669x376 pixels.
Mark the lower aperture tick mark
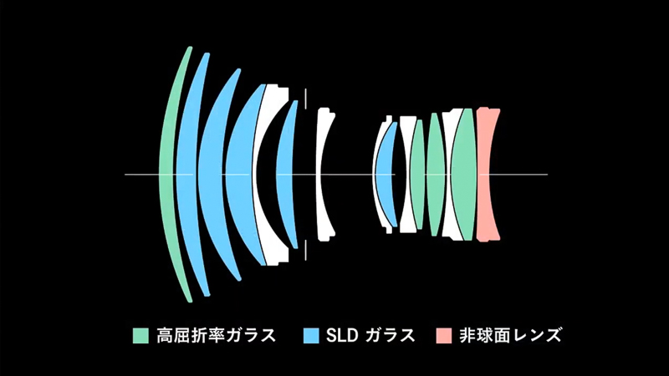point(306,251)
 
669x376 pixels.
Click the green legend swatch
point(140,336)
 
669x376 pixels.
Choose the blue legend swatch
point(311,336)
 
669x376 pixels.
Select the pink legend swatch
point(443,336)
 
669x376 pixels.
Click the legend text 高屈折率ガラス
point(215,336)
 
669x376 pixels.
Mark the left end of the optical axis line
point(126,174)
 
